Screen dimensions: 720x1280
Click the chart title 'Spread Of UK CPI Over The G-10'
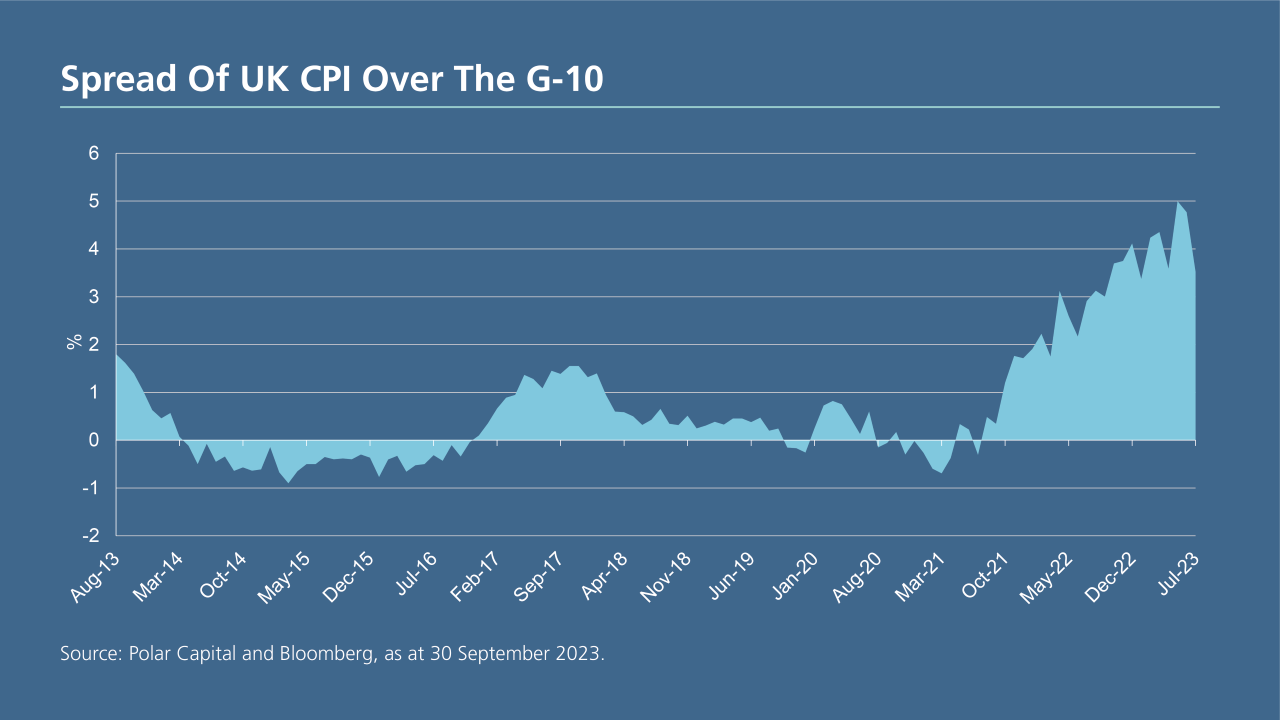click(332, 78)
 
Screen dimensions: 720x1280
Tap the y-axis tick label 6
click(94, 154)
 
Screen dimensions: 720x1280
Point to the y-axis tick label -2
click(91, 536)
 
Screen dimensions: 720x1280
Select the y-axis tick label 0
click(94, 440)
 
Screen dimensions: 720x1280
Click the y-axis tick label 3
click(94, 297)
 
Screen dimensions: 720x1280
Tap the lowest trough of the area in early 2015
click(289, 482)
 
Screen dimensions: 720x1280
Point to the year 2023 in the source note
click(581, 656)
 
